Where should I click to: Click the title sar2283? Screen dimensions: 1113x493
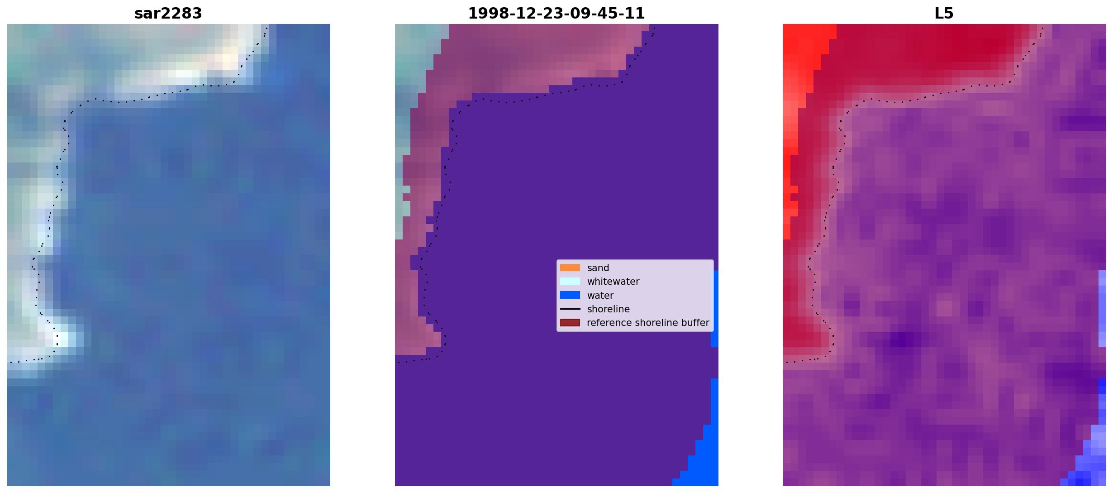pyautogui.click(x=168, y=14)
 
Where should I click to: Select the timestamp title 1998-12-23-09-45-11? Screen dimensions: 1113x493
pyautogui.click(x=556, y=14)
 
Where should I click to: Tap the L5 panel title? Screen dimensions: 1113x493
pyautogui.click(x=944, y=14)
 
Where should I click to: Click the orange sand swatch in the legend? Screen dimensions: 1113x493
pyautogui.click(x=570, y=268)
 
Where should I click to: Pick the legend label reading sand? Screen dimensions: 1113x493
pyautogui.click(x=598, y=268)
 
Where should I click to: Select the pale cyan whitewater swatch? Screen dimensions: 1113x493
pyautogui.click(x=570, y=281)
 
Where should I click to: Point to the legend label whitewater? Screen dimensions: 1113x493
pyautogui.click(x=613, y=282)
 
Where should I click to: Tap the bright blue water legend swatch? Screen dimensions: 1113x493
pyautogui.click(x=570, y=295)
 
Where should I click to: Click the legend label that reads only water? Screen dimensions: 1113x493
pyautogui.click(x=600, y=296)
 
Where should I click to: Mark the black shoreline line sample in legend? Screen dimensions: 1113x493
pyautogui.click(x=570, y=309)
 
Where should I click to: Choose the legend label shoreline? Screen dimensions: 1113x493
pyautogui.click(x=608, y=309)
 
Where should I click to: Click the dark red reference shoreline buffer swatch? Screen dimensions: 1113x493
pyautogui.click(x=570, y=322)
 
